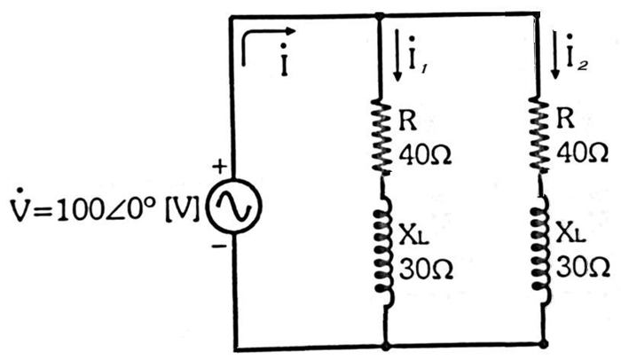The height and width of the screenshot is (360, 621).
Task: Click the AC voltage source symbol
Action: [x=232, y=205]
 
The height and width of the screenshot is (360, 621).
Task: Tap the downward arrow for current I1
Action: [x=397, y=58]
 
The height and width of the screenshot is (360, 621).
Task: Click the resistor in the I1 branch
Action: [x=381, y=137]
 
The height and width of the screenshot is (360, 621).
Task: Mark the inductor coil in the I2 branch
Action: [x=541, y=253]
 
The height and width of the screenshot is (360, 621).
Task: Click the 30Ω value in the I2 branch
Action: [x=583, y=267]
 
